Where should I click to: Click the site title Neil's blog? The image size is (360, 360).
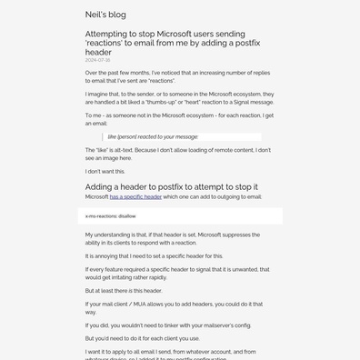[105, 15]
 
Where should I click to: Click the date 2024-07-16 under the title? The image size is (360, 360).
[97, 60]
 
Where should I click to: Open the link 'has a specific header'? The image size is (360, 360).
[135, 196]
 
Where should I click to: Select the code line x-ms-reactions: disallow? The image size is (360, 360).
[110, 216]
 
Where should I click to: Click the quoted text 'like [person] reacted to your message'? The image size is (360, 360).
[153, 136]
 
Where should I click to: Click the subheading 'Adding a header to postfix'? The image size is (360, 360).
[171, 186]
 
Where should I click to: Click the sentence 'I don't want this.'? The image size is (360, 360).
[105, 171]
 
